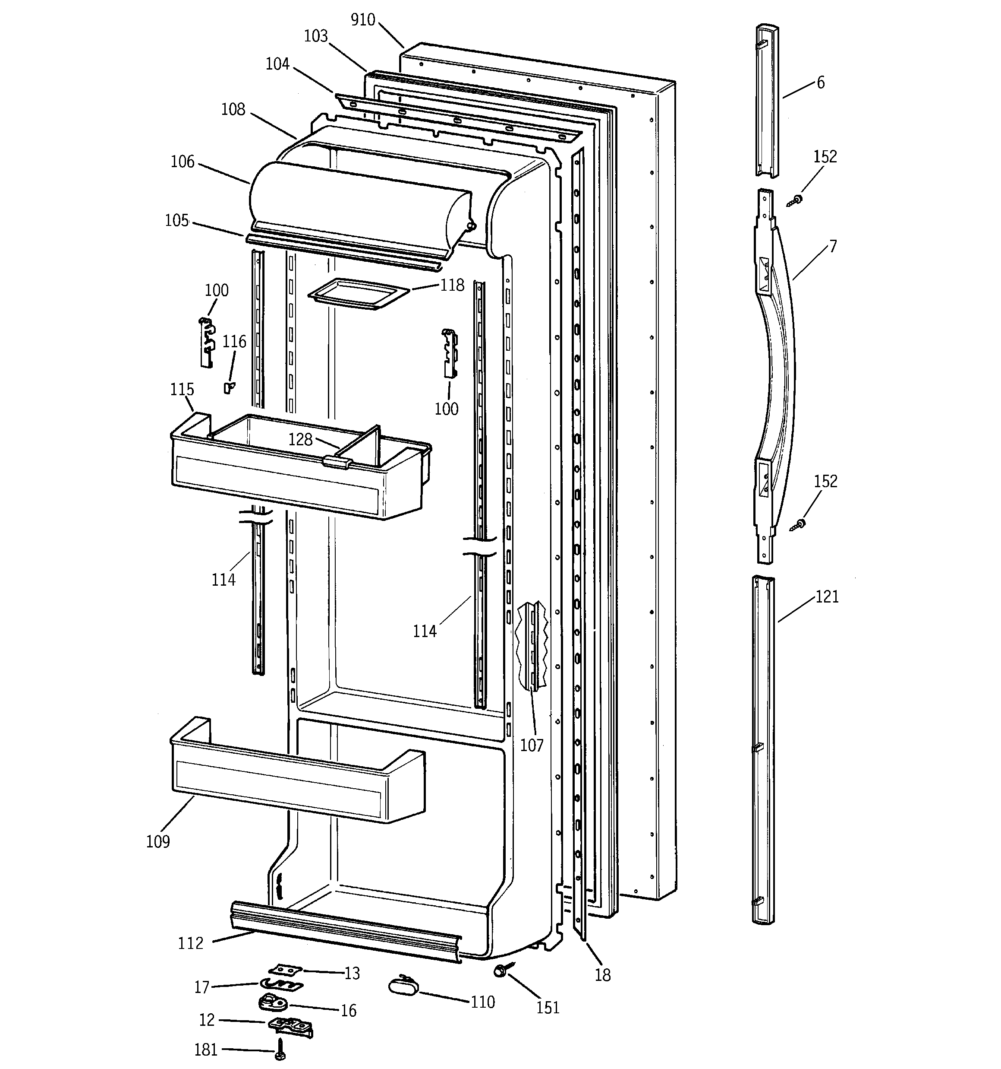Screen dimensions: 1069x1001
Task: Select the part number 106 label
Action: click(182, 161)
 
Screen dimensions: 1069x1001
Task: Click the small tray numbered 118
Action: click(358, 294)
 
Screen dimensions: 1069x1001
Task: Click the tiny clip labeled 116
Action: click(229, 388)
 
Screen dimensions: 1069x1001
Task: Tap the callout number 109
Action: click(158, 841)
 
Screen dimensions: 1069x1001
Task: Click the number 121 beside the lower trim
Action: click(827, 597)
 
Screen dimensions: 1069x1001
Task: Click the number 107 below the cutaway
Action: click(532, 745)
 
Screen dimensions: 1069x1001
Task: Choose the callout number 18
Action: click(602, 975)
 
